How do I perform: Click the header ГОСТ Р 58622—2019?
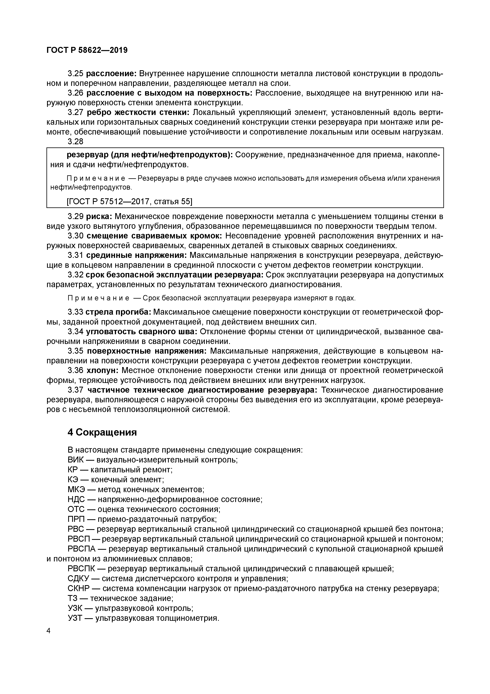[x=87, y=50]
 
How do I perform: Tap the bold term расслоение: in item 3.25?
[x=112, y=74]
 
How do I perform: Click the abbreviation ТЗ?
[x=73, y=598]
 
